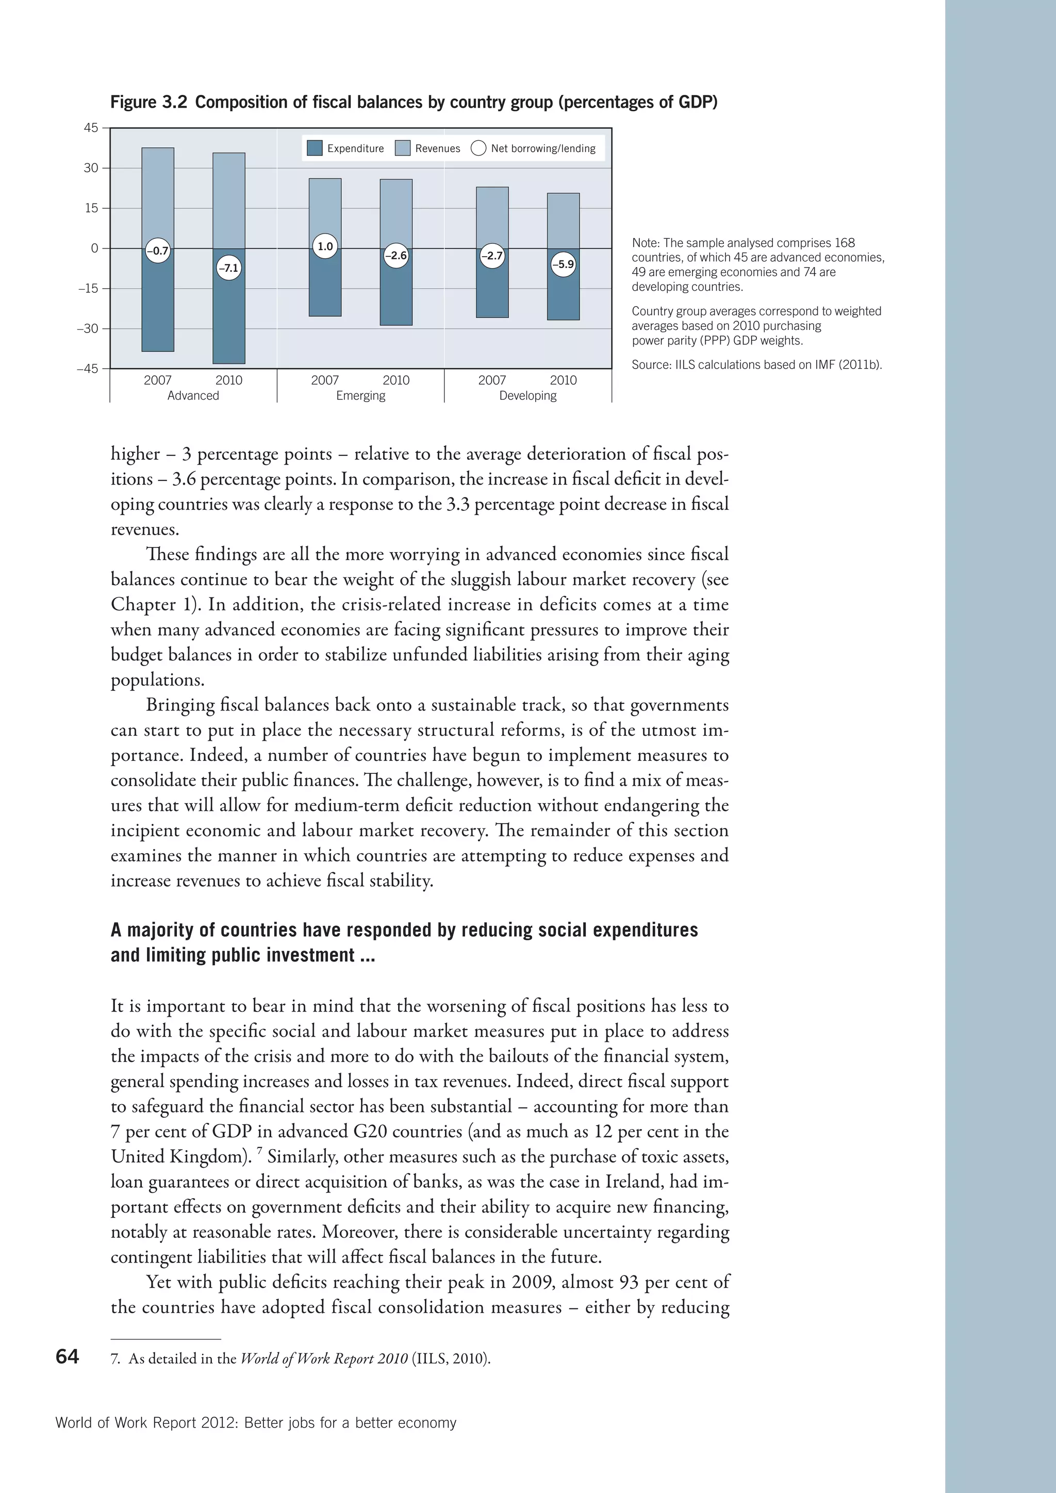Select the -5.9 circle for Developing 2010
click(x=563, y=264)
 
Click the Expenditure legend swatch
click(x=315, y=148)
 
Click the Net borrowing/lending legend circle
click(x=478, y=148)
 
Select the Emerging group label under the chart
click(x=360, y=395)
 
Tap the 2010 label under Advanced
click(x=228, y=380)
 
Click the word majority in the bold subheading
click(x=159, y=930)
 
